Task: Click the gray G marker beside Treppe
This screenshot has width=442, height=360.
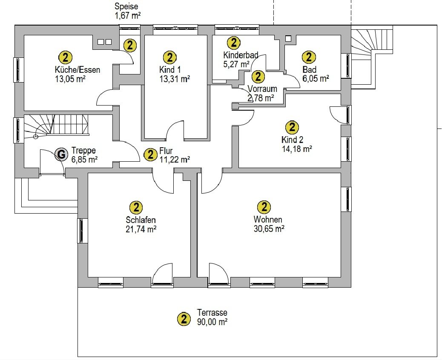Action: pos(61,154)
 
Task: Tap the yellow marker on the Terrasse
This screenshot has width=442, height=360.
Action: pos(184,319)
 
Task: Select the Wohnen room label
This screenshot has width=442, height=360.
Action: pos(268,219)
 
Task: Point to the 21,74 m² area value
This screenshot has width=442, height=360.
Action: pos(141,229)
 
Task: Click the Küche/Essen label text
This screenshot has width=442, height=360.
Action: pos(77,70)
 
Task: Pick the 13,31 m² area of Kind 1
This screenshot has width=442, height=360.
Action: pos(175,79)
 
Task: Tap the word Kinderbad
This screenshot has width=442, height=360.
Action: pos(241,55)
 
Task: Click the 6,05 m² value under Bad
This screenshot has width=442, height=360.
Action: pos(316,78)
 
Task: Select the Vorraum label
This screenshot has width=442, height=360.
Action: pos(262,89)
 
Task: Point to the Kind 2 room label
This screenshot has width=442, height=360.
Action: pos(292,140)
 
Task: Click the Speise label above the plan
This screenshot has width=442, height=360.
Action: pos(126,6)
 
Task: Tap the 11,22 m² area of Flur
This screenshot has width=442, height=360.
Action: pos(175,160)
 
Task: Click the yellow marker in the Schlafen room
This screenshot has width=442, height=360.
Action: pos(136,208)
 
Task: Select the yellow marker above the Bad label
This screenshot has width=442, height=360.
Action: pos(309,57)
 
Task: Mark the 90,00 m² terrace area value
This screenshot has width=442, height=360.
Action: pos(212,321)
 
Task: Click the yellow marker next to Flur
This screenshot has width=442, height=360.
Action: pos(151,154)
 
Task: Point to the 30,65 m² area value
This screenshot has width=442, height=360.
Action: pos(269,229)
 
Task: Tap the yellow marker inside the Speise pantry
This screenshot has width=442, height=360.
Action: pos(130,45)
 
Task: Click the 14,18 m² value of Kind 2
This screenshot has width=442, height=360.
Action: pos(297,149)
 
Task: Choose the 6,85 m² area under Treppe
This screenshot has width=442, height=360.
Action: pos(85,160)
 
